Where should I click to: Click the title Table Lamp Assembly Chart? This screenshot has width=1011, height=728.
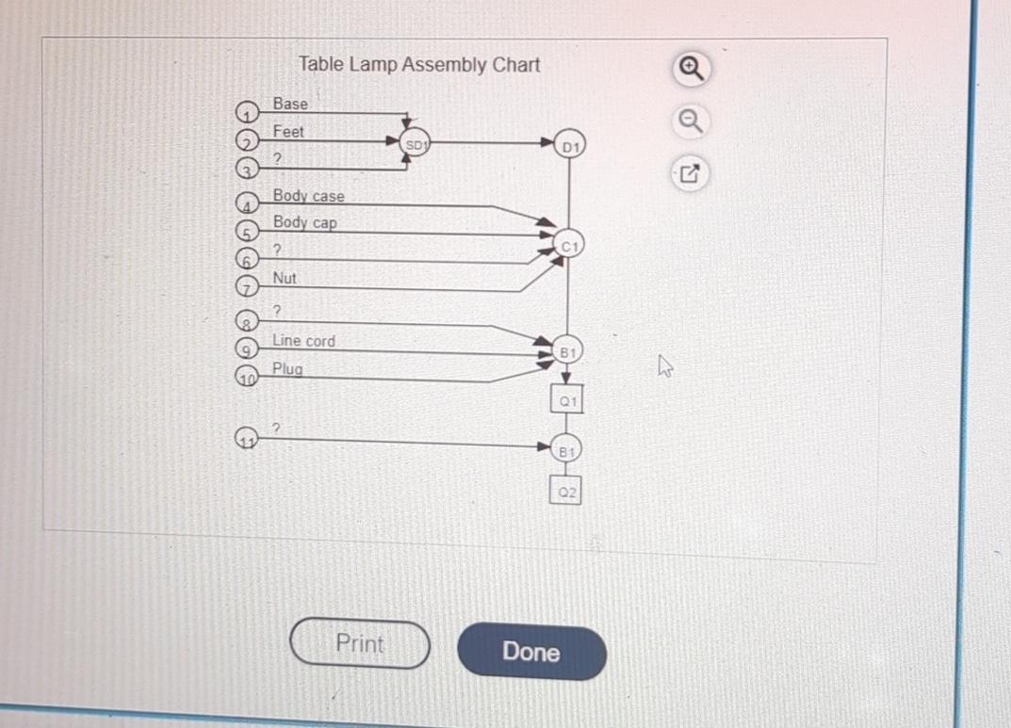pos(419,65)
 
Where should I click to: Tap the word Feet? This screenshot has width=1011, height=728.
pos(288,132)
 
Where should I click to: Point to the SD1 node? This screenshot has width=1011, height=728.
pos(416,144)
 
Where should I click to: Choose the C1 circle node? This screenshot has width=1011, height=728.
pos(569,245)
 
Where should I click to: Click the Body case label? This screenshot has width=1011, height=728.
pos(308,196)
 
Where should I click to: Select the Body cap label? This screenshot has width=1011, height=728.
pos(304,222)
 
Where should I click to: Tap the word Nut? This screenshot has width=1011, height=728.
pos(285,278)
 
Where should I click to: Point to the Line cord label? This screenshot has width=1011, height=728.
pos(303,341)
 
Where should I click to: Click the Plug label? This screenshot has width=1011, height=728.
pos(287,368)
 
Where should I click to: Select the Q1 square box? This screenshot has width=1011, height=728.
pos(566,400)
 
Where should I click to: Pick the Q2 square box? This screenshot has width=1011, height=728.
pos(565,491)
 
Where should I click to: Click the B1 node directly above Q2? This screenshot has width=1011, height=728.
pos(566,450)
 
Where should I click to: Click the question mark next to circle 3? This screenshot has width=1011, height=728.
pos(278,159)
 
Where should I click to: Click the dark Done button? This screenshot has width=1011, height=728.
pos(531,652)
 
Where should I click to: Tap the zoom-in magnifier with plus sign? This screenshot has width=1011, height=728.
pos(691,68)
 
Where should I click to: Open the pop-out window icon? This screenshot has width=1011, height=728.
pos(690,173)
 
